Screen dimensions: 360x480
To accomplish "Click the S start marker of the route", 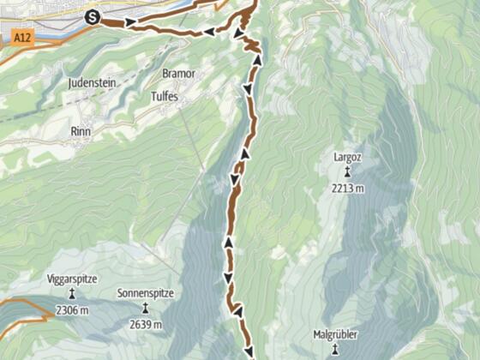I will pos(93,16).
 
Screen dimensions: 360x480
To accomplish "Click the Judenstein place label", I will pos(93,84).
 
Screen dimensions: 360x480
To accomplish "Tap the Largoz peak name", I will pos(348,159).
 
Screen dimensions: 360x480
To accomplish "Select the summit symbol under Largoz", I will pos(348,171).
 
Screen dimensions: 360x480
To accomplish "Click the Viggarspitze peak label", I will pos(72,279).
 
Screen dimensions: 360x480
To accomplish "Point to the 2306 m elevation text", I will pos(72,309).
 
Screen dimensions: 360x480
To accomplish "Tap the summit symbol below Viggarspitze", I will pos(72,294).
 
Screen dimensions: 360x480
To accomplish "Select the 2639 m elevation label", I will pos(146,324).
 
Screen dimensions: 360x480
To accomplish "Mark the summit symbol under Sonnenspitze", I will pos(146,309).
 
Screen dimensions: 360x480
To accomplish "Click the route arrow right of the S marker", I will pos(129,21).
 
